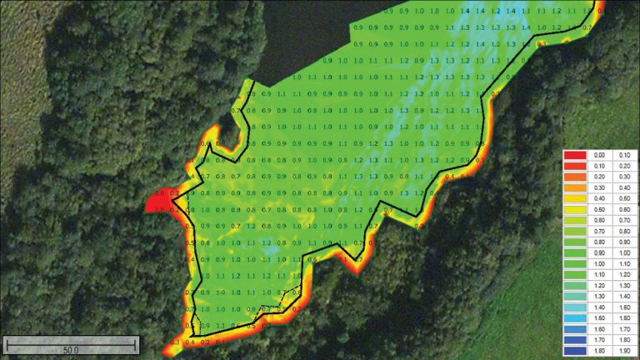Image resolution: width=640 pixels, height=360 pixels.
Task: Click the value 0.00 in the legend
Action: pos(598,155)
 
